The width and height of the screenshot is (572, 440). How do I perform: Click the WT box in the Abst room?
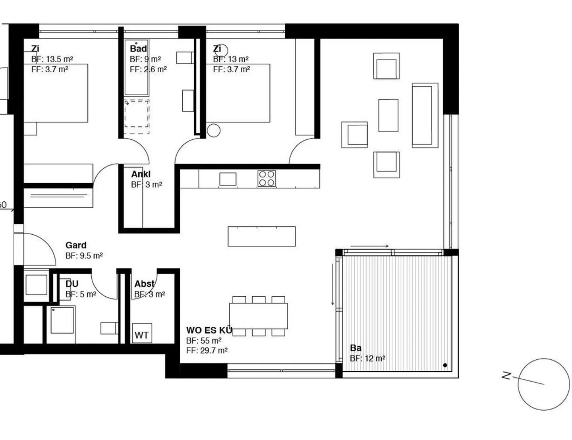tap(142, 333)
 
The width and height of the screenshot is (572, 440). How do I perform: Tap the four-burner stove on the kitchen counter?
tap(267, 178)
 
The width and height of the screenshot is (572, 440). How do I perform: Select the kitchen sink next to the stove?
tap(228, 179)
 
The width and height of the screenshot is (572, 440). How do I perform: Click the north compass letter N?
tap(506, 376)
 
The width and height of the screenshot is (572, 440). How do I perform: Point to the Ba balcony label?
tap(356, 348)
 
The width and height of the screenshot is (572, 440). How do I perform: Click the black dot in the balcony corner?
tap(445, 365)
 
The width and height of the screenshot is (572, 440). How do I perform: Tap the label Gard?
tap(76, 245)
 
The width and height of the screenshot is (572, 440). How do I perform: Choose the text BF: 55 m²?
tap(204, 341)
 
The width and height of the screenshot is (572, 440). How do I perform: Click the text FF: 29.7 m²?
tap(207, 350)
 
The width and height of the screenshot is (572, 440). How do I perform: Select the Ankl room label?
tap(141, 174)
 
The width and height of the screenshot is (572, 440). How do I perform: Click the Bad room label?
tap(139, 49)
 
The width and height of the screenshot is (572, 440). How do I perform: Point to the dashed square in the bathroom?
tap(137, 117)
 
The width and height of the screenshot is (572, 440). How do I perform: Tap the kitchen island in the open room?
tap(262, 236)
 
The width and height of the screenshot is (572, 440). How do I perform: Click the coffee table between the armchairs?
tap(388, 115)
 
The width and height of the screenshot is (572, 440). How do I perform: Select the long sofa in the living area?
tap(425, 115)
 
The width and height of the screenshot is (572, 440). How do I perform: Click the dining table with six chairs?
tap(259, 316)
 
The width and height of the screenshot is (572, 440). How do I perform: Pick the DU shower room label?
tap(72, 284)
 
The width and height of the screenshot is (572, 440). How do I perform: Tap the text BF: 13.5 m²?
tap(52, 59)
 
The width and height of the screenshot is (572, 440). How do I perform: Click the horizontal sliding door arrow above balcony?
tap(369, 246)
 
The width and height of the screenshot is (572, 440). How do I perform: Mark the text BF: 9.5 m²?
tap(84, 255)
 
